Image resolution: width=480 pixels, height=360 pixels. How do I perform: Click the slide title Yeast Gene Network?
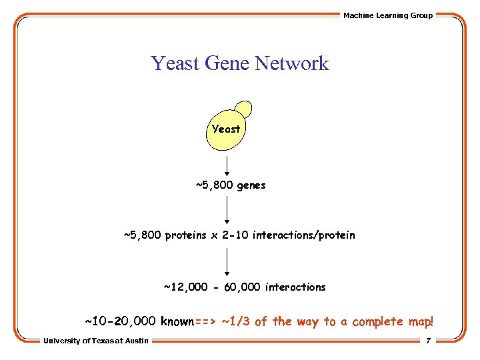240,63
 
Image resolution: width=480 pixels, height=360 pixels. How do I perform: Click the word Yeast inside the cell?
226,129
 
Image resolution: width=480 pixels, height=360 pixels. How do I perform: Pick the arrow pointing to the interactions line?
227,261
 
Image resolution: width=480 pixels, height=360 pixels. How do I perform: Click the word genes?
251,185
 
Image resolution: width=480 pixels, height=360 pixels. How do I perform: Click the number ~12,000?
185,287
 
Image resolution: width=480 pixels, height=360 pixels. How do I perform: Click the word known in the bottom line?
177,321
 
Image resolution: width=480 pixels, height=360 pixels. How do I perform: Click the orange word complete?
377,321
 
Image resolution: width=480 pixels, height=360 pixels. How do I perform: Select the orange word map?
420,321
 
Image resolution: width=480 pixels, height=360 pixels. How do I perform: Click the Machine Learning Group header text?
388,15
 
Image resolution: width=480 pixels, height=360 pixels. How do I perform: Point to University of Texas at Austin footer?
96,341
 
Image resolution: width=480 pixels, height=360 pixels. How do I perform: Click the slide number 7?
428,341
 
